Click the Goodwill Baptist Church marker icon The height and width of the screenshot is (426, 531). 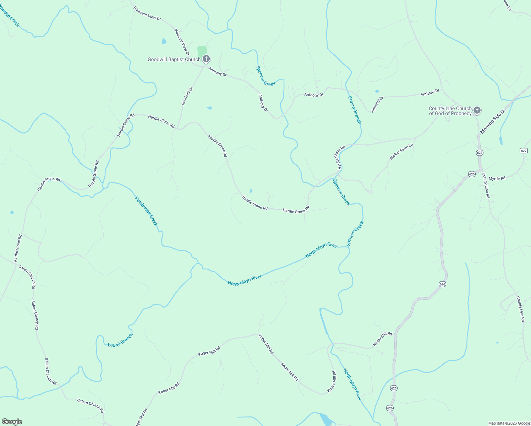(206, 59)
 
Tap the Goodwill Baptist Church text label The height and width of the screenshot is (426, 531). (174, 59)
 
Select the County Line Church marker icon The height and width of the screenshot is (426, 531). (477, 110)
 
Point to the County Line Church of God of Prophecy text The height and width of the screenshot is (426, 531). (450, 111)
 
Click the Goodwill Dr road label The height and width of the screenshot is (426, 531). (187, 96)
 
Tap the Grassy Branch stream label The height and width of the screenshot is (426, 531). (354, 110)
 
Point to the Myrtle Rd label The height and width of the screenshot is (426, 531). (497, 179)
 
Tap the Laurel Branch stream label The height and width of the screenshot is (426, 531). (120, 340)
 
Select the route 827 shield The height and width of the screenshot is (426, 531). (524, 151)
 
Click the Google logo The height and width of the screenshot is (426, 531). (12, 422)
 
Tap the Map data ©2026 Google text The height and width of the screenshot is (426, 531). (509, 423)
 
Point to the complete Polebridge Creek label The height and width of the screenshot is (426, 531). (146, 211)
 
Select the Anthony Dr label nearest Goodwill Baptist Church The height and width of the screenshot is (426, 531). (217, 72)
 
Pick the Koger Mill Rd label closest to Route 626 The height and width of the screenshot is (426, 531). (382, 339)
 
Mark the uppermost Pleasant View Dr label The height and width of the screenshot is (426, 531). (147, 13)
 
